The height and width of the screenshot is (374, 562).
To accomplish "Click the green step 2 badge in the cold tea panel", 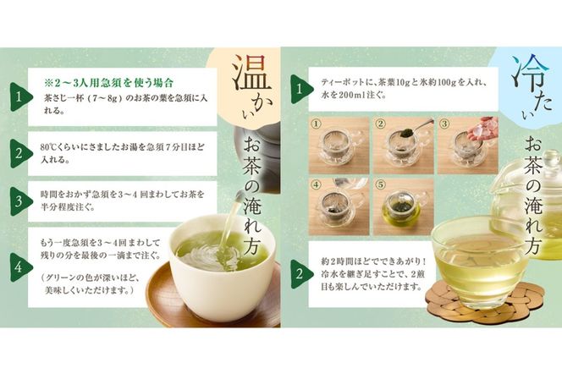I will (x=297, y=272).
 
